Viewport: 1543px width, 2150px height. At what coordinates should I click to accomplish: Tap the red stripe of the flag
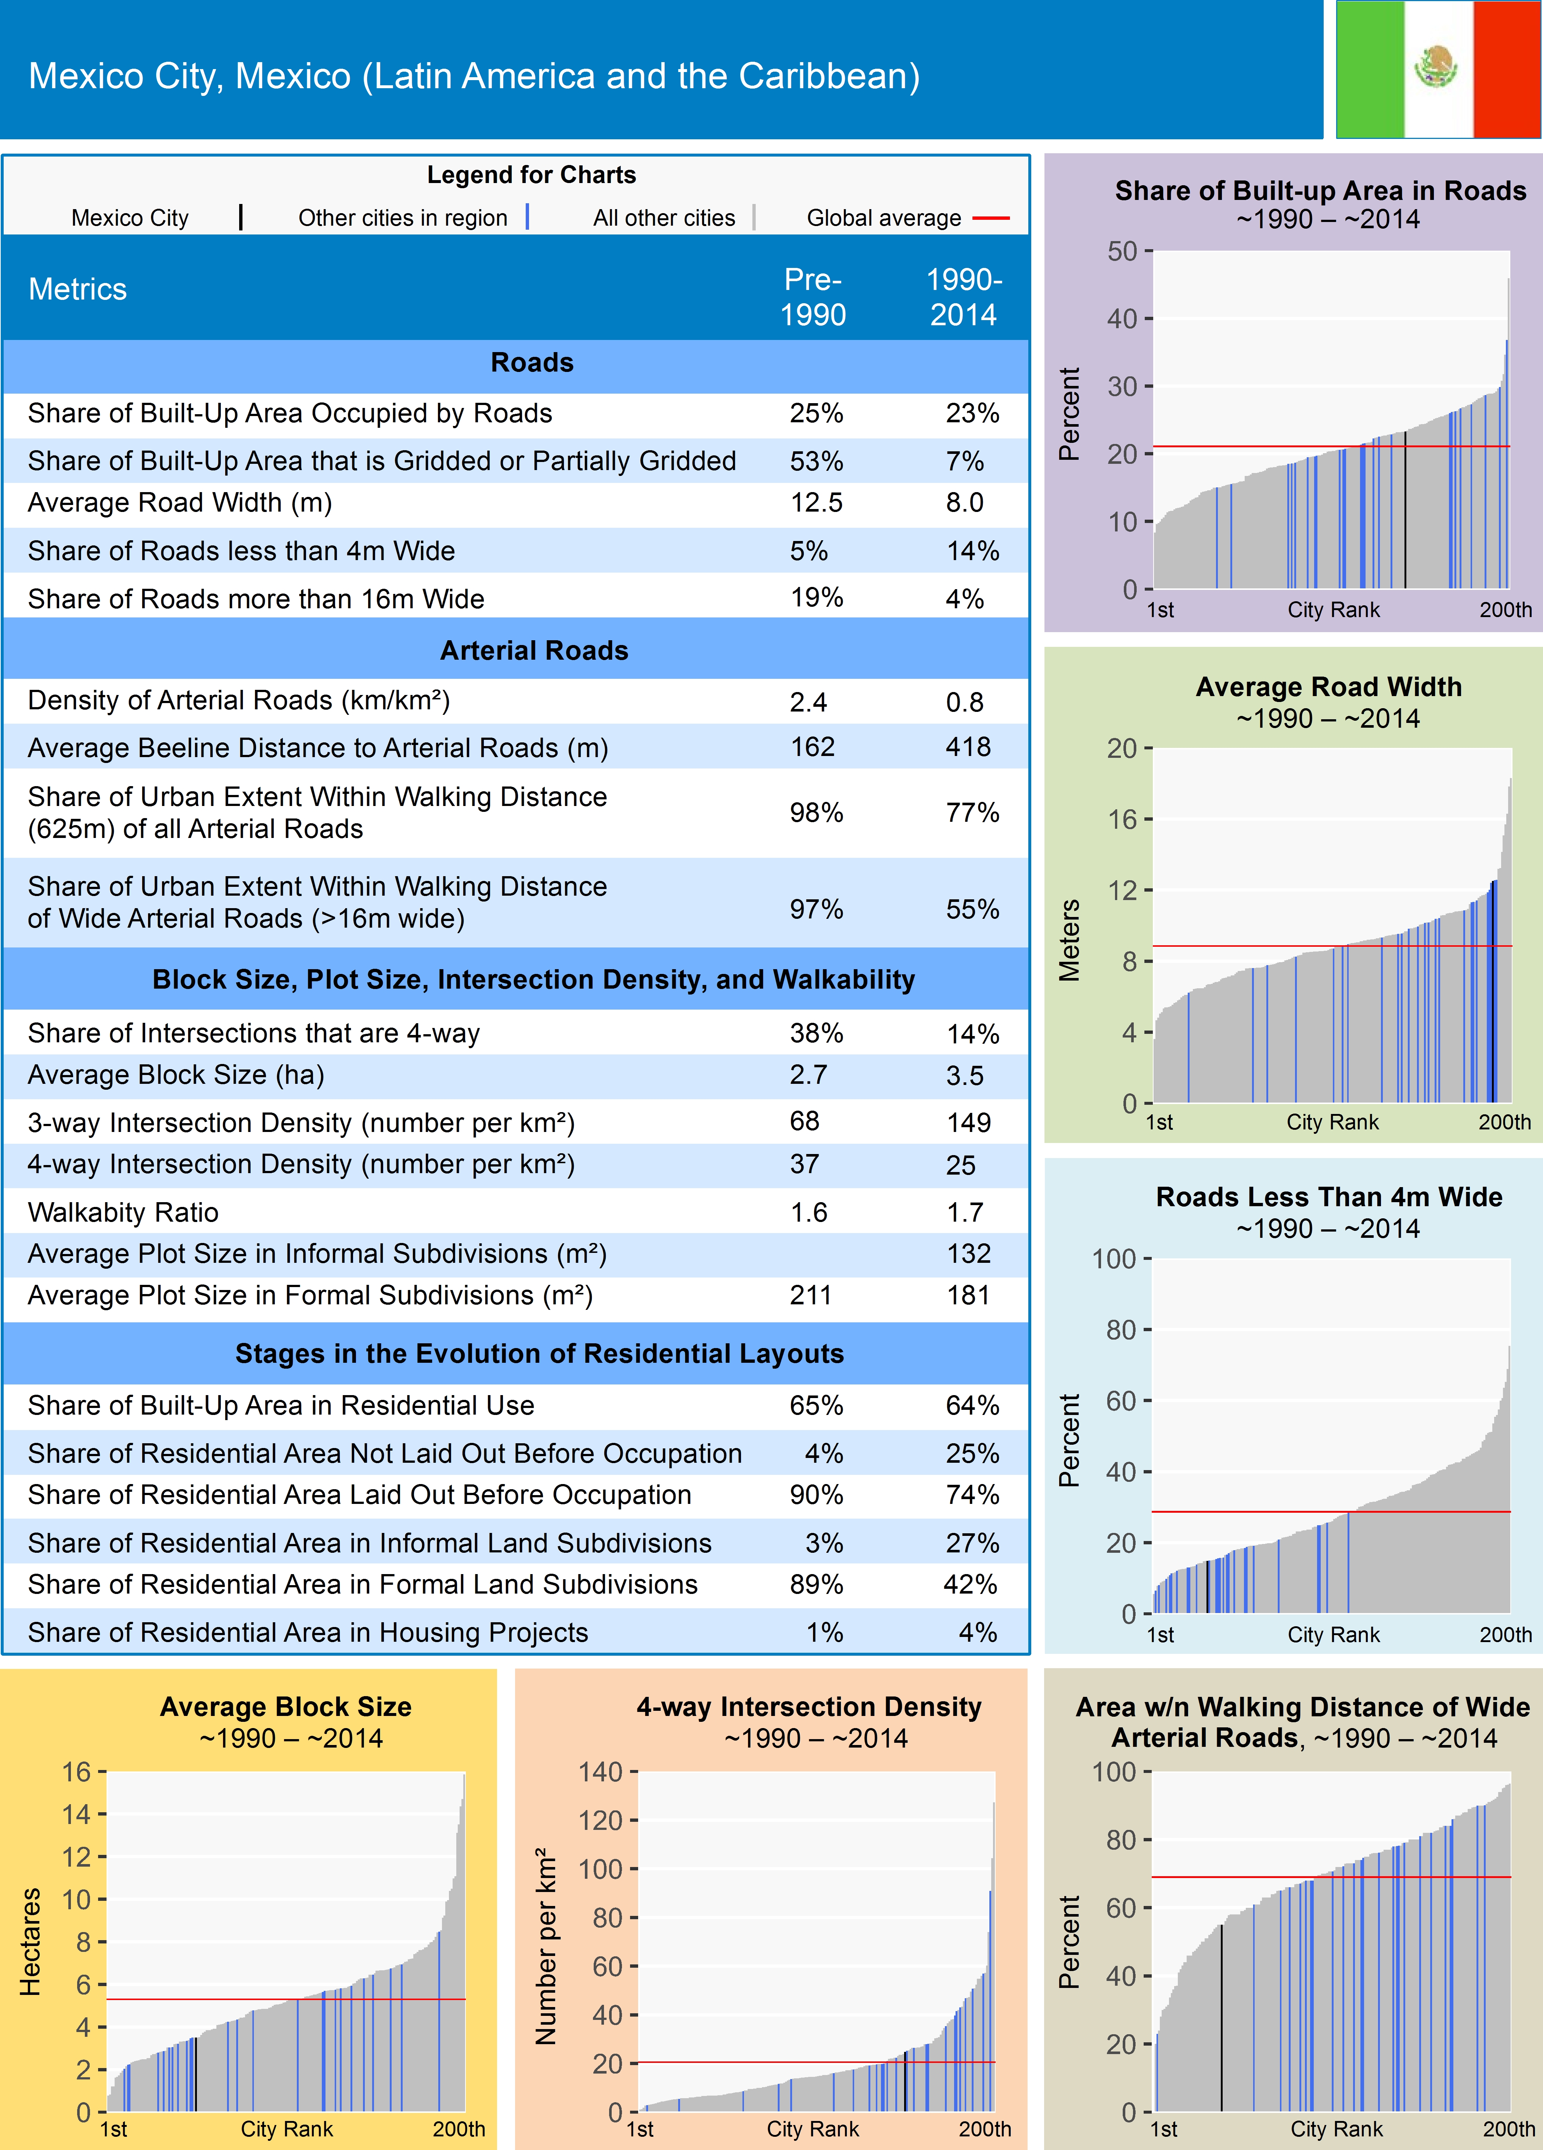point(1507,69)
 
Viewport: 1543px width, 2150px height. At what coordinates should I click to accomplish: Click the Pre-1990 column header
point(812,297)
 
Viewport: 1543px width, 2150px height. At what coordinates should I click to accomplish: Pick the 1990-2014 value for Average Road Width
point(964,502)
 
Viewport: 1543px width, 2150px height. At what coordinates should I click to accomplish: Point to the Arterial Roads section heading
point(533,650)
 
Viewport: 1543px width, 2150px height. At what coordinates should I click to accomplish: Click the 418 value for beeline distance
point(967,747)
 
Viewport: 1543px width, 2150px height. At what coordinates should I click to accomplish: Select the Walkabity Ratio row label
point(123,1212)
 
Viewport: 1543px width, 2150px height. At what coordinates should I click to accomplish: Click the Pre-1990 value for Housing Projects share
point(824,1633)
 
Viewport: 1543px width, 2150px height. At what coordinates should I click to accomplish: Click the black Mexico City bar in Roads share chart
point(1404,512)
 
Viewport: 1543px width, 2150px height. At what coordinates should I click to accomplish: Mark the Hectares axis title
point(31,1942)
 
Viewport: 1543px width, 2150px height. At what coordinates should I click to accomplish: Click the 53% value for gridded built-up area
point(816,461)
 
